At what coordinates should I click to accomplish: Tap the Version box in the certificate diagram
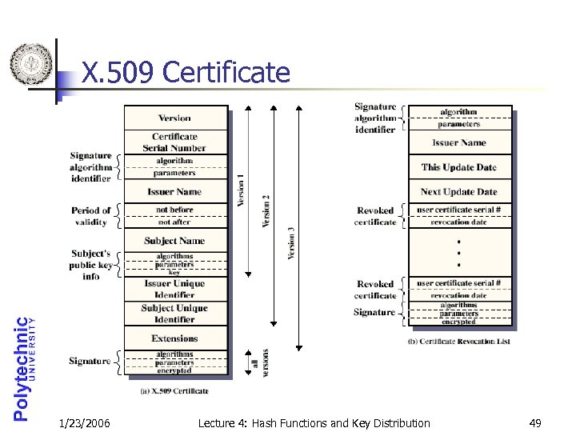coord(174,118)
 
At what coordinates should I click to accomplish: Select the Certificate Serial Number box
coord(174,142)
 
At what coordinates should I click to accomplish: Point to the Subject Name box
coord(174,240)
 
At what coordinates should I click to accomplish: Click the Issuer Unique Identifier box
coord(174,289)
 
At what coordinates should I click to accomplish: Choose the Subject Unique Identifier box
coord(174,314)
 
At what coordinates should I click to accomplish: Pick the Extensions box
coord(174,338)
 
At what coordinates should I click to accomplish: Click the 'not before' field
coord(174,210)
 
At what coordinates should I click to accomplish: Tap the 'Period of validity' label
coord(90,216)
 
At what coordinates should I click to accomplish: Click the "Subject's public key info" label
coord(90,265)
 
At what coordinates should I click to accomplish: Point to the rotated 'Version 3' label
coord(292,242)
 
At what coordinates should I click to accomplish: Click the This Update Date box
coord(459,167)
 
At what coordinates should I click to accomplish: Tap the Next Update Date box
coord(459,192)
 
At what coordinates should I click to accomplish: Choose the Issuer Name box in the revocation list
coord(459,142)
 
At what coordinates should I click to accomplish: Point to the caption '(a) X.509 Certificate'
coord(174,390)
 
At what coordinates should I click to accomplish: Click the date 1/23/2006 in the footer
coord(84,422)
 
